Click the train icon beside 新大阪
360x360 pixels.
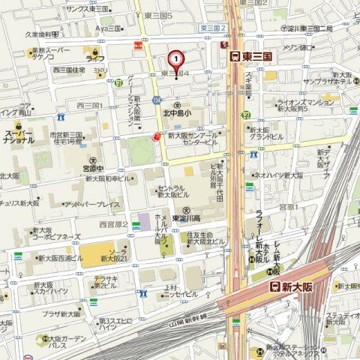[275, 287]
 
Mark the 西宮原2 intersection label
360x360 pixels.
[113, 223]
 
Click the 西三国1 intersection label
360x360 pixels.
[89, 106]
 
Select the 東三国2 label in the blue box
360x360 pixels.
[214, 28]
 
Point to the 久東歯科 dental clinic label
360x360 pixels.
[42, 34]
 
